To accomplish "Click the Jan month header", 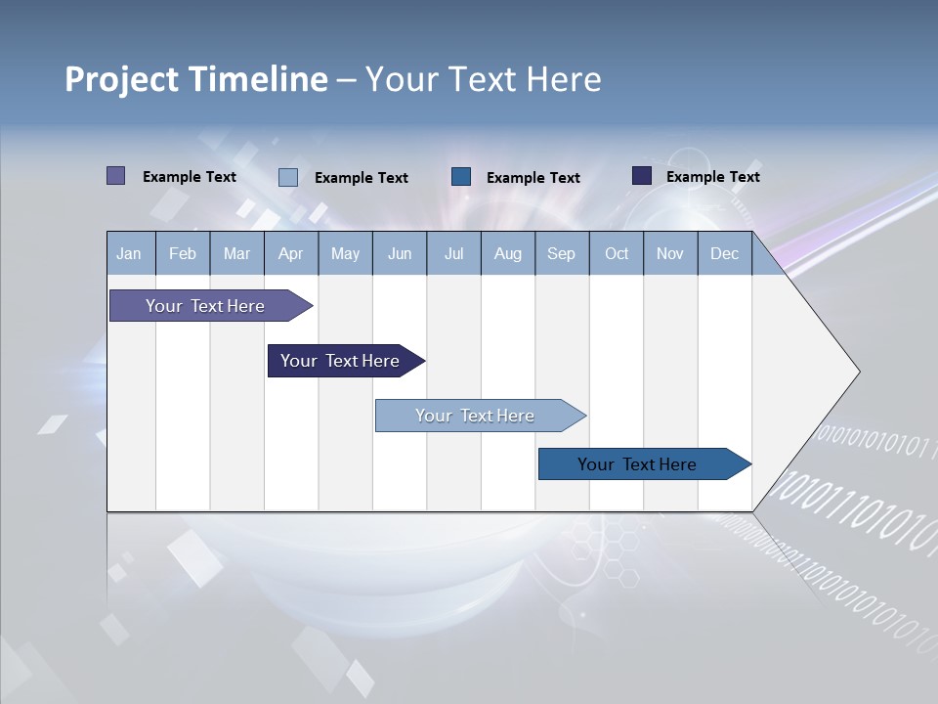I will (129, 253).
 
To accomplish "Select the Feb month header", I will (183, 253).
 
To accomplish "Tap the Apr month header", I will (290, 253).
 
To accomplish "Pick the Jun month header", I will (400, 253).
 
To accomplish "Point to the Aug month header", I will (507, 253).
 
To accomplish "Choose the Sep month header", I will (561, 253).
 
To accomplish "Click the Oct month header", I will (617, 253).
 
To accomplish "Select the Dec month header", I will (724, 253).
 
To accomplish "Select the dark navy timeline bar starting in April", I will (341, 361).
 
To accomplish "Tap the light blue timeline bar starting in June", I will (476, 416).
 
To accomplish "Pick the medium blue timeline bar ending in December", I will (638, 464).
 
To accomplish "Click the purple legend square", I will (116, 176).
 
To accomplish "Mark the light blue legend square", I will (288, 177).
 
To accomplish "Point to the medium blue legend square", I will (461, 177).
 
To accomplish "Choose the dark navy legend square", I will (642, 176).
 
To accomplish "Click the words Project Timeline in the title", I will (196, 79).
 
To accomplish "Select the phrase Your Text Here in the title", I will (483, 79).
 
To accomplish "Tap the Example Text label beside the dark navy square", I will (712, 177).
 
